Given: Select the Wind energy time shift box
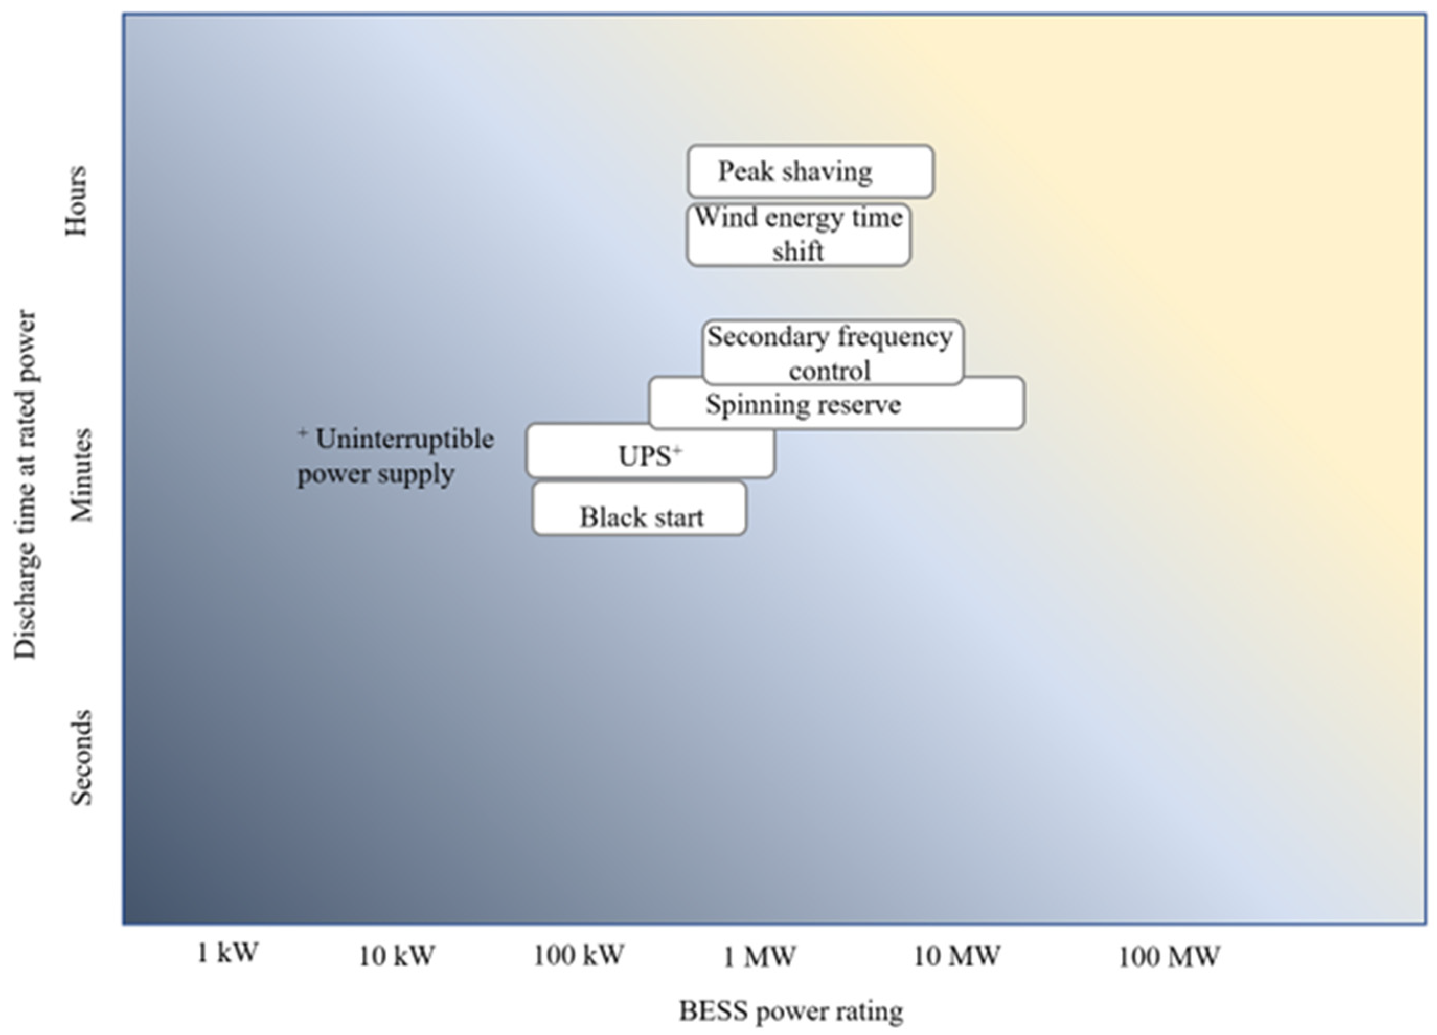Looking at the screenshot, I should [799, 234].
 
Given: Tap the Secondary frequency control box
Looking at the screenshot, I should [832, 352].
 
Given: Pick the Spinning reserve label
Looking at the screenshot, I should [803, 405].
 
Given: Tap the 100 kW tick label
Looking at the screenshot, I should [578, 954].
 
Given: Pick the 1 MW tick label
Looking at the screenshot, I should [759, 957].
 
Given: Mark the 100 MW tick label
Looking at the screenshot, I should [1168, 957].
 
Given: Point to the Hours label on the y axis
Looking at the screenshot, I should [77, 201].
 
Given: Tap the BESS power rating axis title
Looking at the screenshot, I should [791, 1011].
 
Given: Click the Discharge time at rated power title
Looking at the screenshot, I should [26, 485].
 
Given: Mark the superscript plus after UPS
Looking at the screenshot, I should [677, 450].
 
